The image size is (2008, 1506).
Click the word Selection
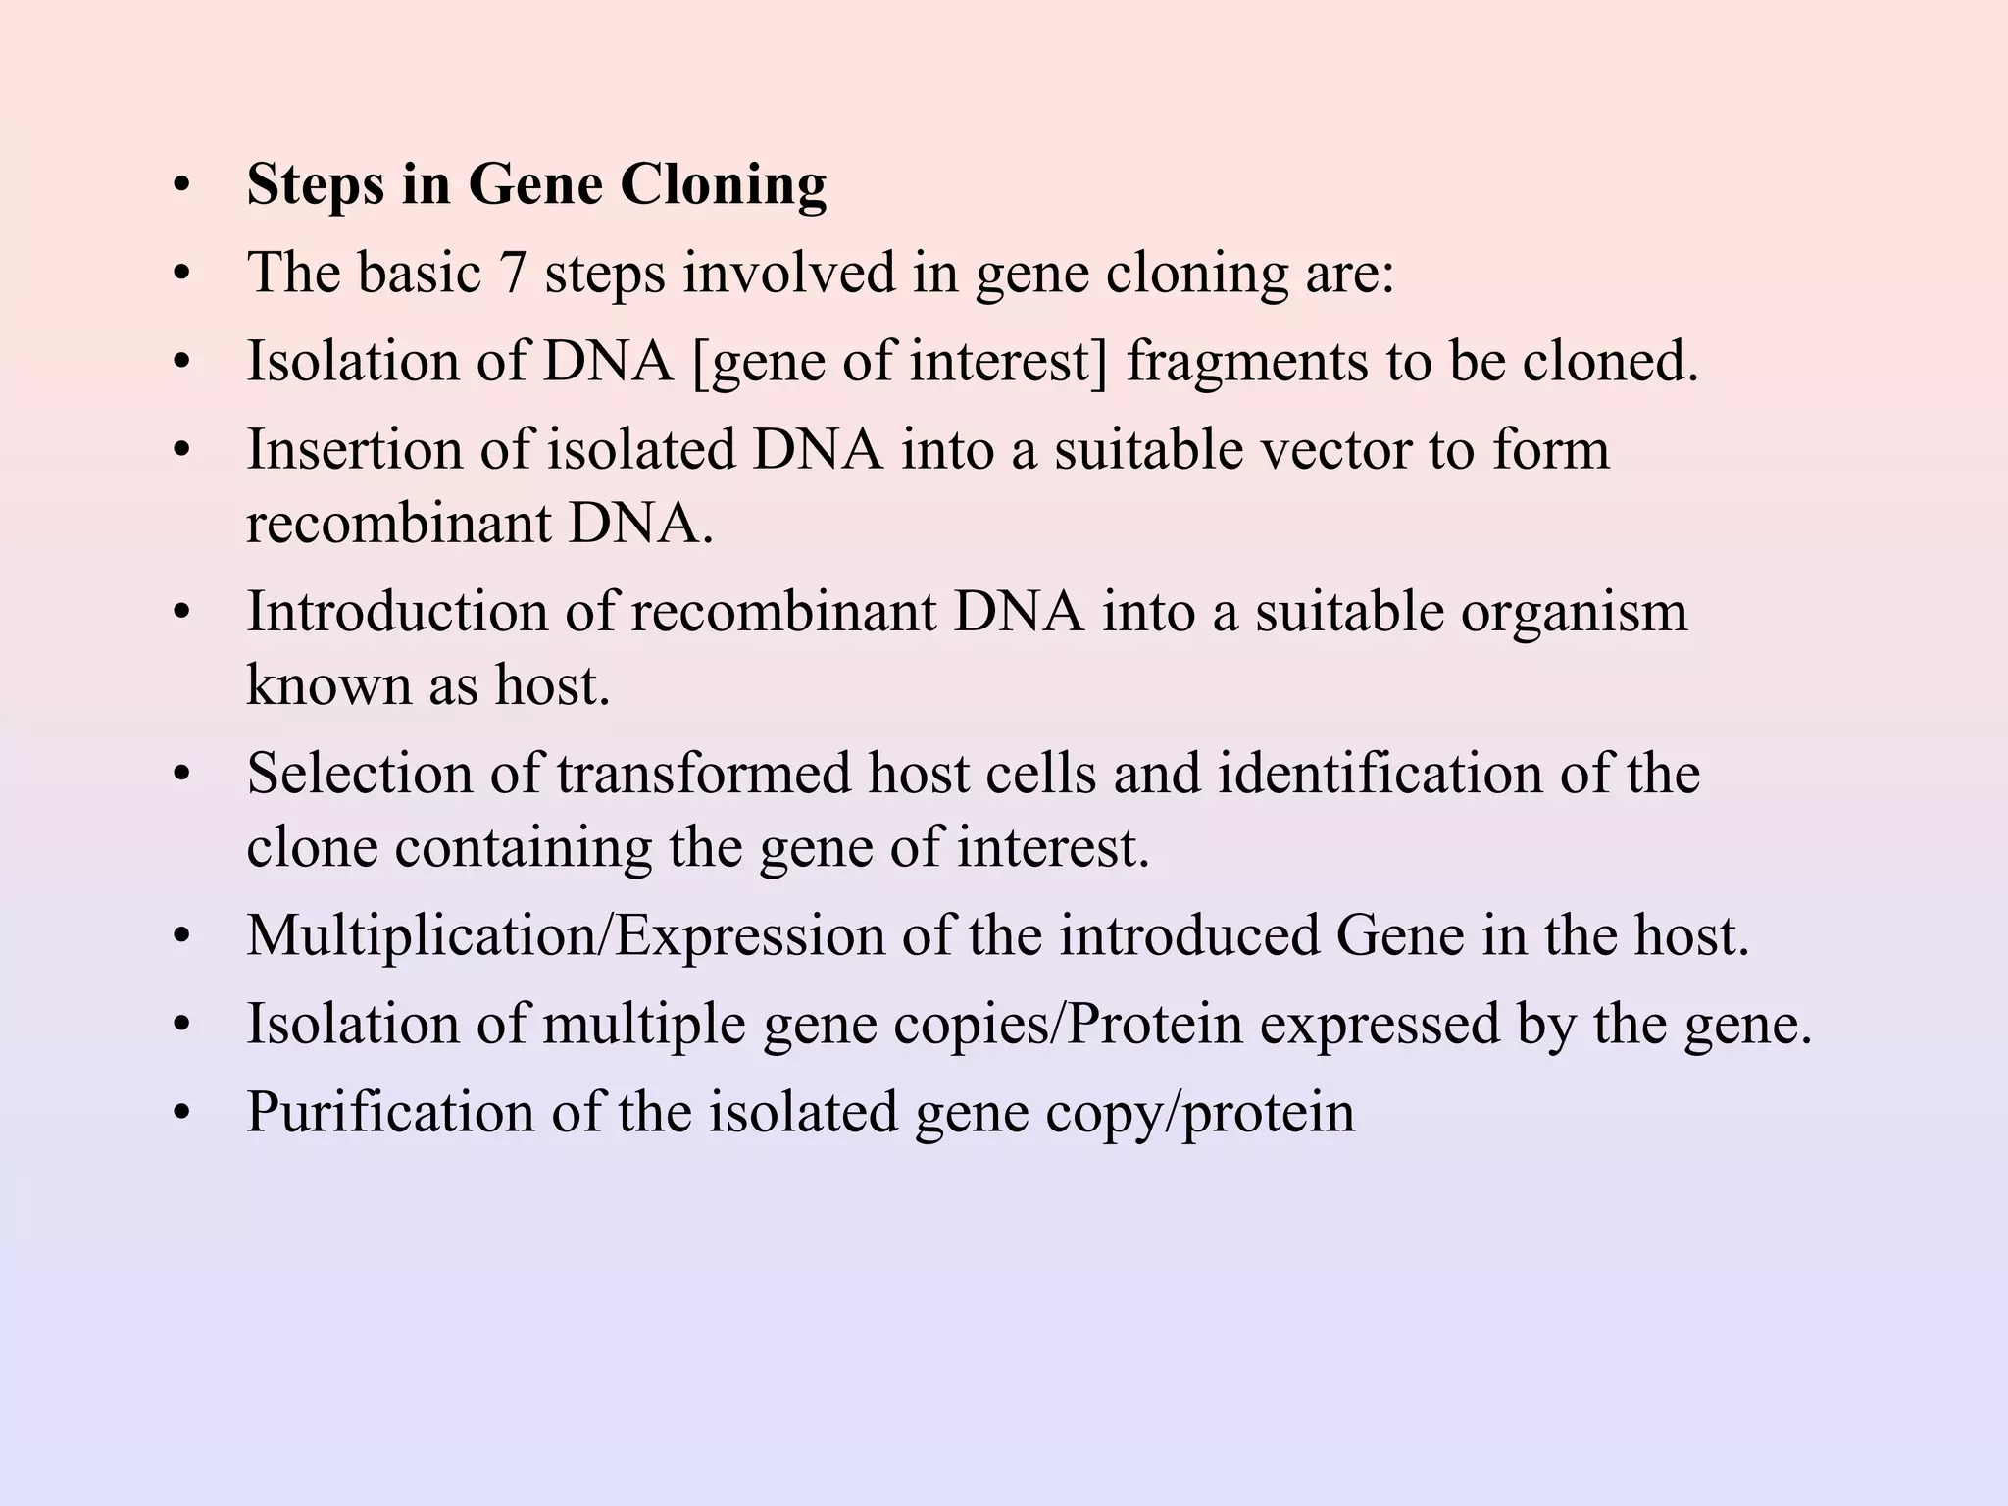point(359,773)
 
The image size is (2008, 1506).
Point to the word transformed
point(704,773)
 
